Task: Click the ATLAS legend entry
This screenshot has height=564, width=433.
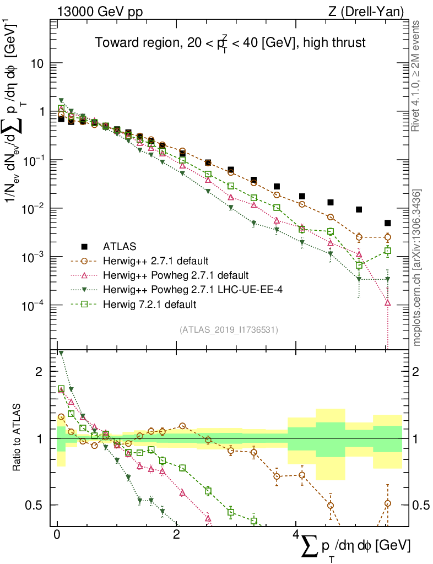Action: (118, 246)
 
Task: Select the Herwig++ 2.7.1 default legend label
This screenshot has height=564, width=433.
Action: (157, 261)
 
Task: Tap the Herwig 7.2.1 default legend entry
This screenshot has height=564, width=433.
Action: (150, 303)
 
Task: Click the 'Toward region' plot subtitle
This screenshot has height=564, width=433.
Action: (230, 42)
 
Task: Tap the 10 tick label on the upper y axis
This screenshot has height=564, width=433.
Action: (38, 63)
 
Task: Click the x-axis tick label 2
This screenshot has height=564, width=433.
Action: (176, 535)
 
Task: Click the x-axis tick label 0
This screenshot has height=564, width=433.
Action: (57, 535)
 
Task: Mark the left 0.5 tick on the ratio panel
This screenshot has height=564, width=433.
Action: (36, 505)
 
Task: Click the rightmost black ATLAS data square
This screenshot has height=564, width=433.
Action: (388, 223)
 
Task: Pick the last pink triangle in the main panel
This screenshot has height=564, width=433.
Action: (388, 302)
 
